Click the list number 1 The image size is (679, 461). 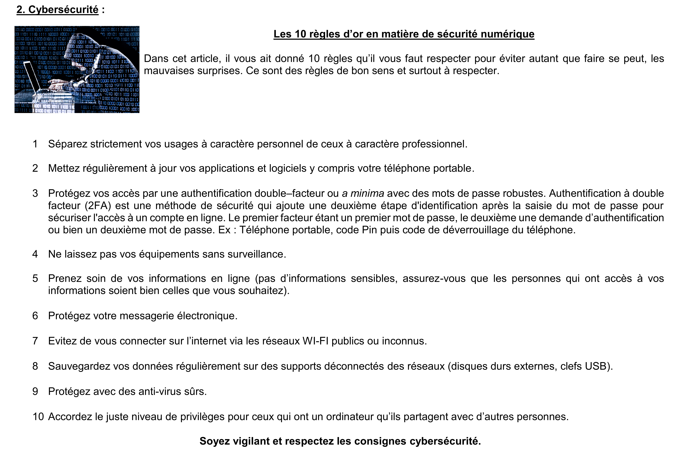35,144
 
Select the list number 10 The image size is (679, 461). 38,417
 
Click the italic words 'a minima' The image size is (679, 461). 363,193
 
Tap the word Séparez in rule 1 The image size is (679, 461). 68,144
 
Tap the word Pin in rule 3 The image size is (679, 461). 370,230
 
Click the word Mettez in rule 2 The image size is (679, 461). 64,168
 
